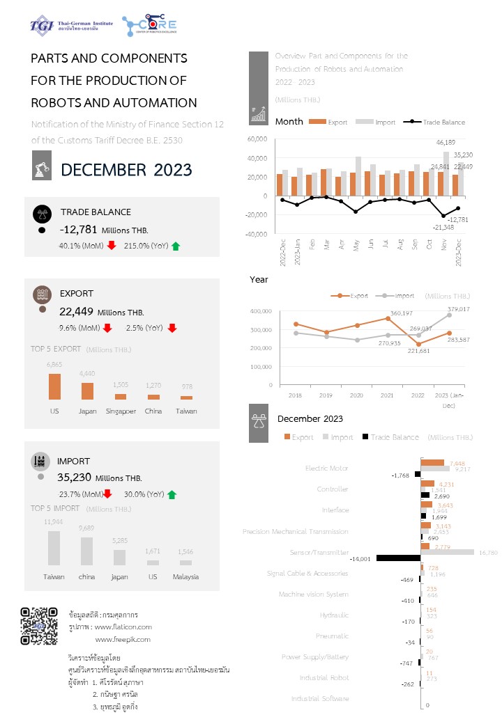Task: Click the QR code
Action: click(x=38, y=626)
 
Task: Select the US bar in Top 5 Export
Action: click(x=54, y=386)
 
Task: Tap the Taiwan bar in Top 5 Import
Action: click(x=54, y=548)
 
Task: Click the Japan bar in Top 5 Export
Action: click(x=87, y=391)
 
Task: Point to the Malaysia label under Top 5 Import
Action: click(x=185, y=576)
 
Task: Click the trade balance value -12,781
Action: click(x=79, y=230)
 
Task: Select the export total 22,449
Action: click(x=75, y=311)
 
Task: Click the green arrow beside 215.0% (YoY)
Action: click(x=176, y=246)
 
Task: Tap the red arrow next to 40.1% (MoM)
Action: click(x=112, y=246)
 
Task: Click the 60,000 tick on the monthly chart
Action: click(x=258, y=139)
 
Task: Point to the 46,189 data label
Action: click(x=447, y=143)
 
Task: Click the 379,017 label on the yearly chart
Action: click(x=457, y=308)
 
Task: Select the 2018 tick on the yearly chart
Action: click(x=296, y=395)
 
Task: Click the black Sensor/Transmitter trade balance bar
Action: click(x=398, y=558)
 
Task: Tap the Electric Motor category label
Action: click(x=327, y=469)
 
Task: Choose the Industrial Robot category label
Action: click(x=324, y=677)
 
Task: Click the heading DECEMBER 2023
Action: click(x=126, y=170)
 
